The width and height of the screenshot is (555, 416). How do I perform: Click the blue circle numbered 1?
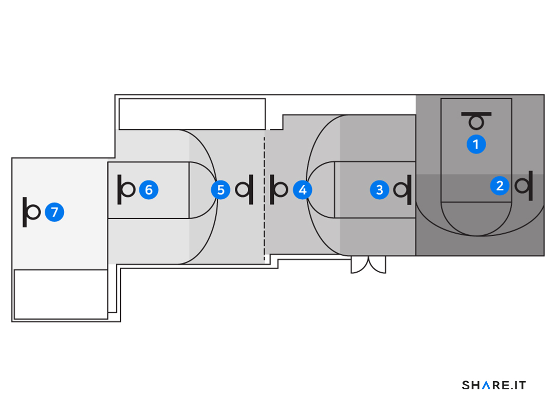tap(476, 144)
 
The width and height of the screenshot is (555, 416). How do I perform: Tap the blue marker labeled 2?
tap(500, 186)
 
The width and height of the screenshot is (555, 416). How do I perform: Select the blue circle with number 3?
tap(379, 190)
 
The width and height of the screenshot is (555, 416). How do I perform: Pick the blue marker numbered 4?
tap(303, 190)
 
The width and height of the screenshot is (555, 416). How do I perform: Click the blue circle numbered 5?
tap(220, 190)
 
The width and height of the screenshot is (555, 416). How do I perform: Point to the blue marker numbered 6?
tap(149, 190)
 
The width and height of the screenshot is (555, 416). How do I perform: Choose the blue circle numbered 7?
tap(54, 212)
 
